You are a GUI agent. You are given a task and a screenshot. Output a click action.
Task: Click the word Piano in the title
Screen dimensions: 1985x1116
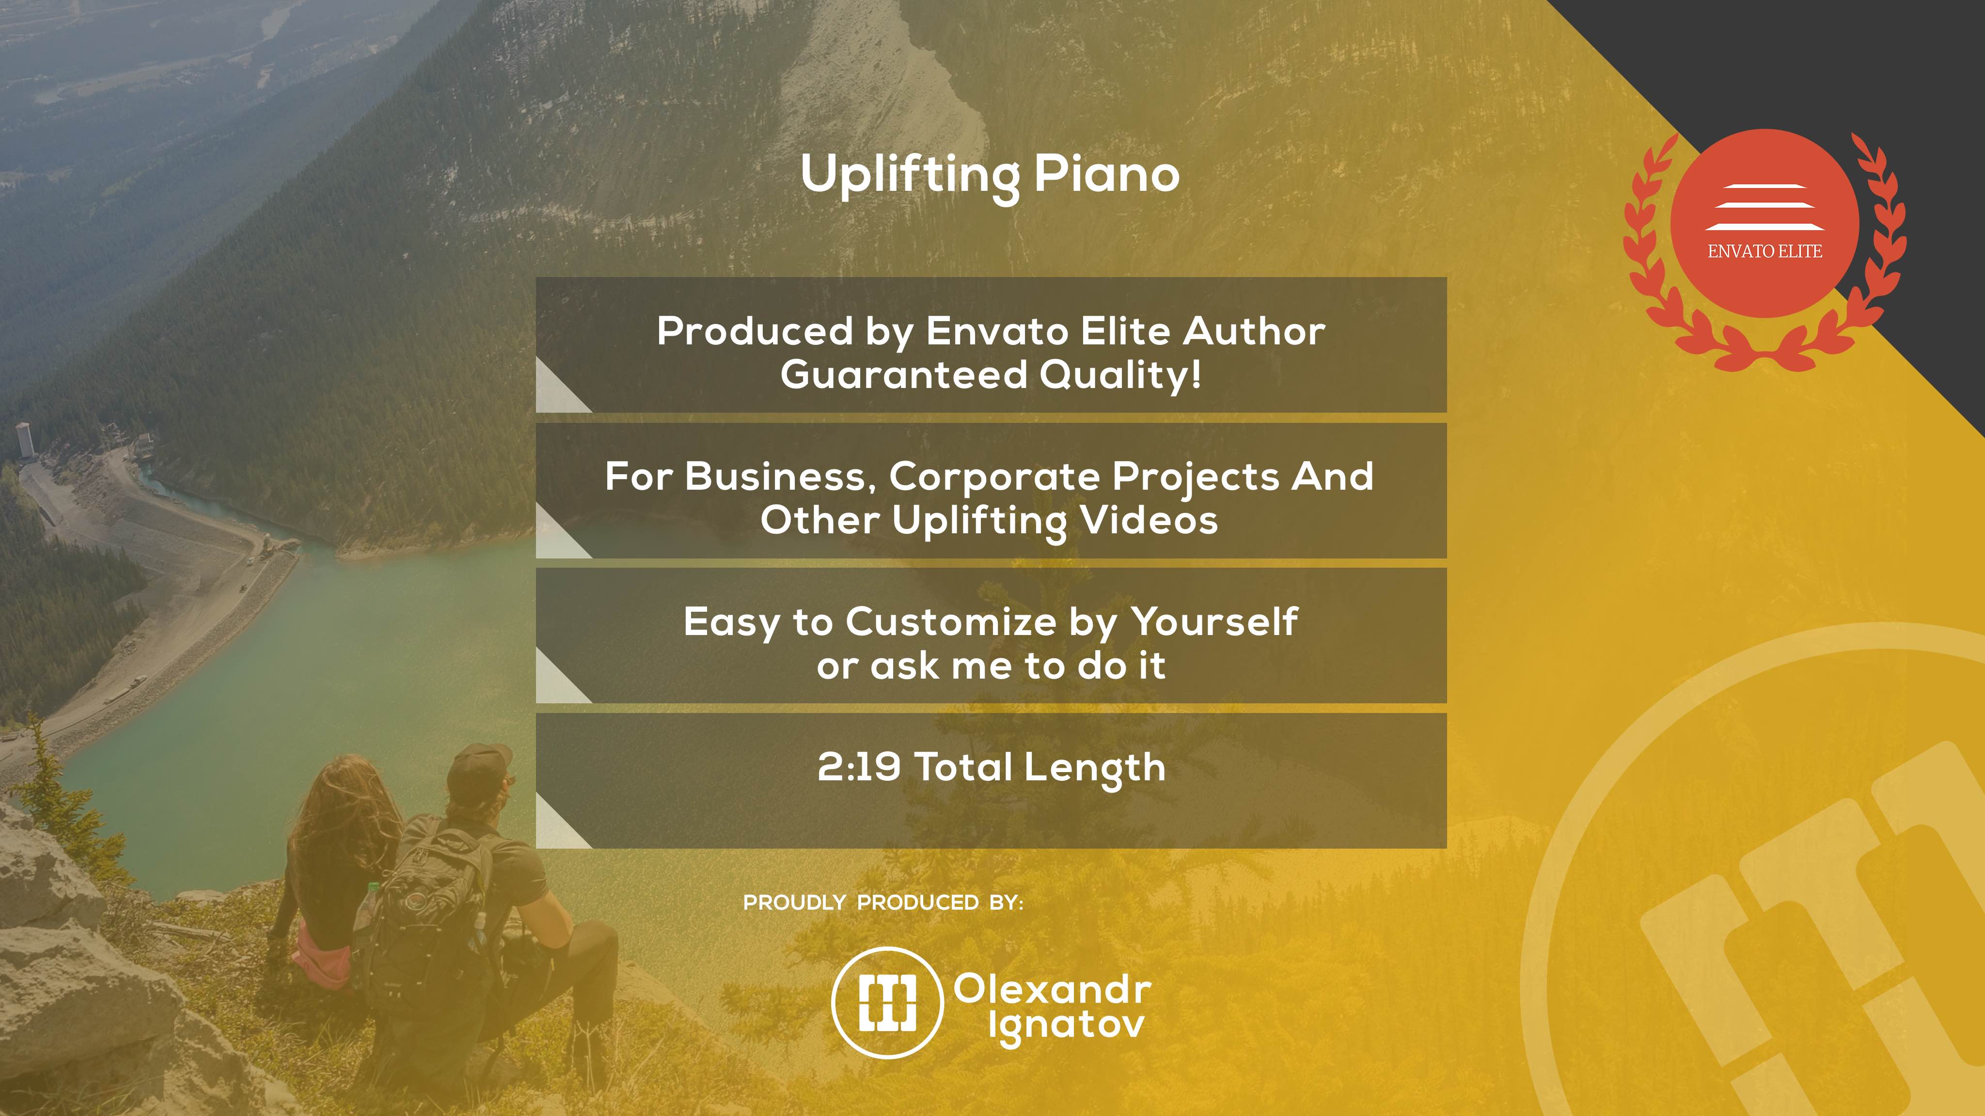point(1106,173)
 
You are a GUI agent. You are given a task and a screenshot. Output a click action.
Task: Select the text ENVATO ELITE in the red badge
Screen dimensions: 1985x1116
point(1764,251)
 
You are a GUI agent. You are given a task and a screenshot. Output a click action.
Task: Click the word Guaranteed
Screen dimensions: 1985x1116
point(904,374)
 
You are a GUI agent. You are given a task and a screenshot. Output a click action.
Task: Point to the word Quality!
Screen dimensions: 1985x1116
point(1120,375)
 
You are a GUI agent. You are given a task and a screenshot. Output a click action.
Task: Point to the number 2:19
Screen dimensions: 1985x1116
point(858,767)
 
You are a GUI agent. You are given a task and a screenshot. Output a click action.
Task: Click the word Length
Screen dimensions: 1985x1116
point(1095,768)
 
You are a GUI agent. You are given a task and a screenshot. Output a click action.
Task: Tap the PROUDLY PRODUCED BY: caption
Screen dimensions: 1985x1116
point(883,903)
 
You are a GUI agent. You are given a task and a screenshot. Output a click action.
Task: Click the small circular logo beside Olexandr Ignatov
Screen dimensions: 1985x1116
point(888,1002)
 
